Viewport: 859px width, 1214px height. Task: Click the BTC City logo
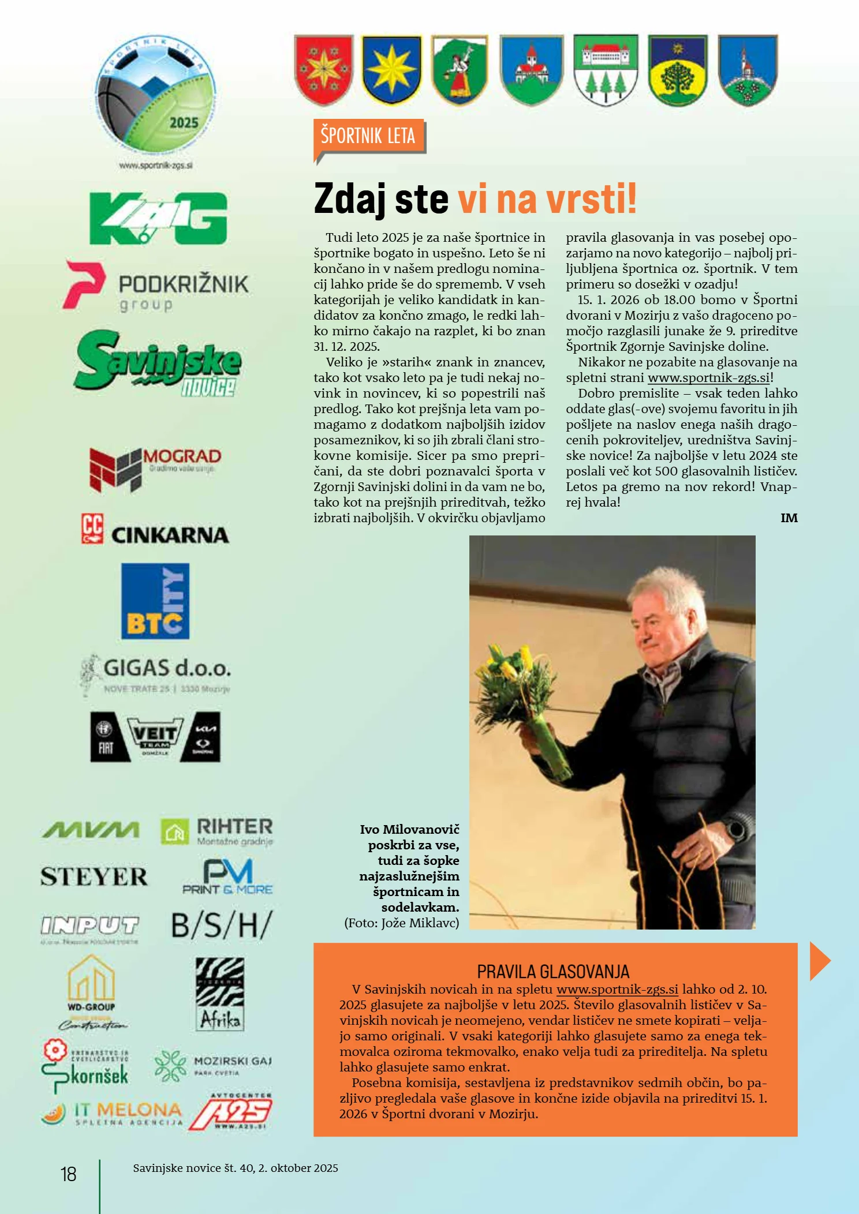pyautogui.click(x=155, y=601)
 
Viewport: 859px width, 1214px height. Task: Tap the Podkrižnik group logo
pyautogui.click(x=156, y=286)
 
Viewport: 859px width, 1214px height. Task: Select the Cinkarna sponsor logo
pyautogui.click(x=155, y=530)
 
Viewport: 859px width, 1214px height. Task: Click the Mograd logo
pyautogui.click(x=155, y=468)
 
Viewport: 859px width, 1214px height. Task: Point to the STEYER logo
pyautogui.click(x=94, y=877)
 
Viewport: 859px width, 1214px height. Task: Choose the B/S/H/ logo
pyautogui.click(x=222, y=926)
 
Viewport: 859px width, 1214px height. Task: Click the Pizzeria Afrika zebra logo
pyautogui.click(x=220, y=994)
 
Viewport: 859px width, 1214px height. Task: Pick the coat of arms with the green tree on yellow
pyautogui.click(x=677, y=70)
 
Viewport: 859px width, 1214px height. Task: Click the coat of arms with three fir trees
pyautogui.click(x=606, y=70)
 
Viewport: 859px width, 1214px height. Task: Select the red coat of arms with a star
pyautogui.click(x=324, y=70)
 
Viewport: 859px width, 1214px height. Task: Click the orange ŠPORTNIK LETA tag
pyautogui.click(x=368, y=136)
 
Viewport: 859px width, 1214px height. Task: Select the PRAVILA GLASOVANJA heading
pyautogui.click(x=553, y=972)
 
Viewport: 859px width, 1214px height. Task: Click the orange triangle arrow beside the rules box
pyautogui.click(x=819, y=961)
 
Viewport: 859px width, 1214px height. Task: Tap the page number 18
pyautogui.click(x=69, y=1174)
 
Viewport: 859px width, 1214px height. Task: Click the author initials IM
pyautogui.click(x=789, y=518)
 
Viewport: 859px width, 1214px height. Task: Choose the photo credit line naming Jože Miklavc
pyautogui.click(x=402, y=923)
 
